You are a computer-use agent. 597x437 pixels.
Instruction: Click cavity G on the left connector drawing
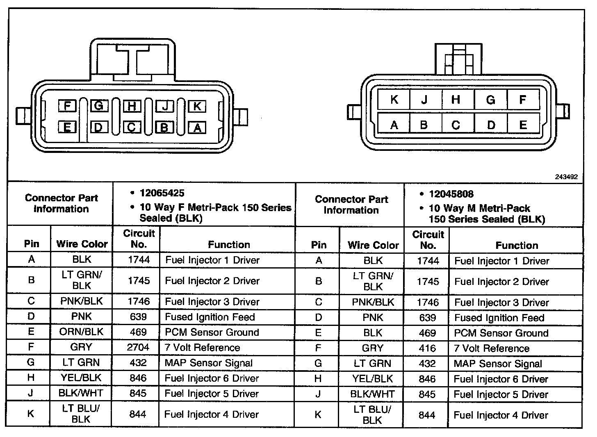[98, 106]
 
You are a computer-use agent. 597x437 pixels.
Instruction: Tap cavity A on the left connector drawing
[197, 127]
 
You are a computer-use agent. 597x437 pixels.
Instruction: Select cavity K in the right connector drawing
[394, 100]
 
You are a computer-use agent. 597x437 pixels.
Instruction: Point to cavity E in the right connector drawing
[523, 125]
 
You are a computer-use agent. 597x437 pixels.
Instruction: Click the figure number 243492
[566, 177]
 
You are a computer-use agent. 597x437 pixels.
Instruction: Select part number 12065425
[162, 193]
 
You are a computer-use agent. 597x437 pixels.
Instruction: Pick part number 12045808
[451, 194]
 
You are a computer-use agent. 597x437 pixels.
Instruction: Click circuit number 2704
[138, 347]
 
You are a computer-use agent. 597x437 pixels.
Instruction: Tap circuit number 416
[427, 348]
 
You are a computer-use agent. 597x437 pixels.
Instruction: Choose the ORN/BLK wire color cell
[81, 332]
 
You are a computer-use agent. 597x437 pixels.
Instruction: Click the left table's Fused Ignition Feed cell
[210, 317]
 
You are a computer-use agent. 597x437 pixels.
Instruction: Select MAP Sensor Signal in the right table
[498, 364]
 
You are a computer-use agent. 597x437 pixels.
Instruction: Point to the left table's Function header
[229, 244]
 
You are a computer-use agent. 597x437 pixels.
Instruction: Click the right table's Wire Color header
[373, 245]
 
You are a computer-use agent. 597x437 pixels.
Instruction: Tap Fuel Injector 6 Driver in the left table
[212, 378]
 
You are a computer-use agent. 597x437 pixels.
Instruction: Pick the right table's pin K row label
[318, 414]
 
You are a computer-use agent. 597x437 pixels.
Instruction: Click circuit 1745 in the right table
[428, 281]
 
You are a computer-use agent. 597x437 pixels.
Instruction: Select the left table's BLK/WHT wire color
[81, 393]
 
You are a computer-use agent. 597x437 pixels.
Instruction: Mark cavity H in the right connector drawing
[456, 100]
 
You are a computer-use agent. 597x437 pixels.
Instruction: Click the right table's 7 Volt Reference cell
[492, 348]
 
